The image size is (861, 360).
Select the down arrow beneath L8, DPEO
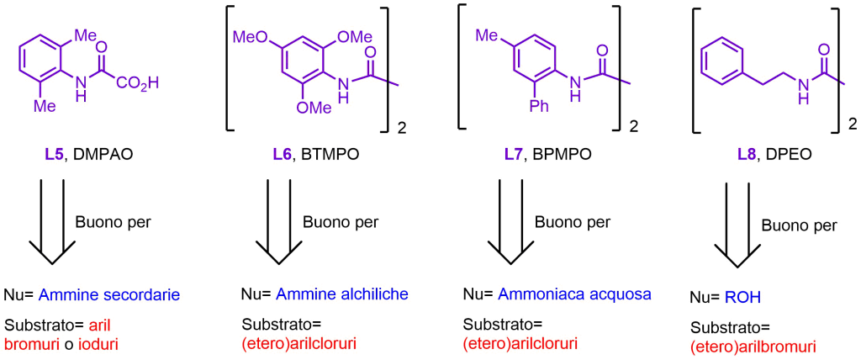click(734, 225)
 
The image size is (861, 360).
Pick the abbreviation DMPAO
click(101, 156)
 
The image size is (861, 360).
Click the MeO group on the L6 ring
click(249, 38)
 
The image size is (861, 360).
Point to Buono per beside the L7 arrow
click(573, 223)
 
